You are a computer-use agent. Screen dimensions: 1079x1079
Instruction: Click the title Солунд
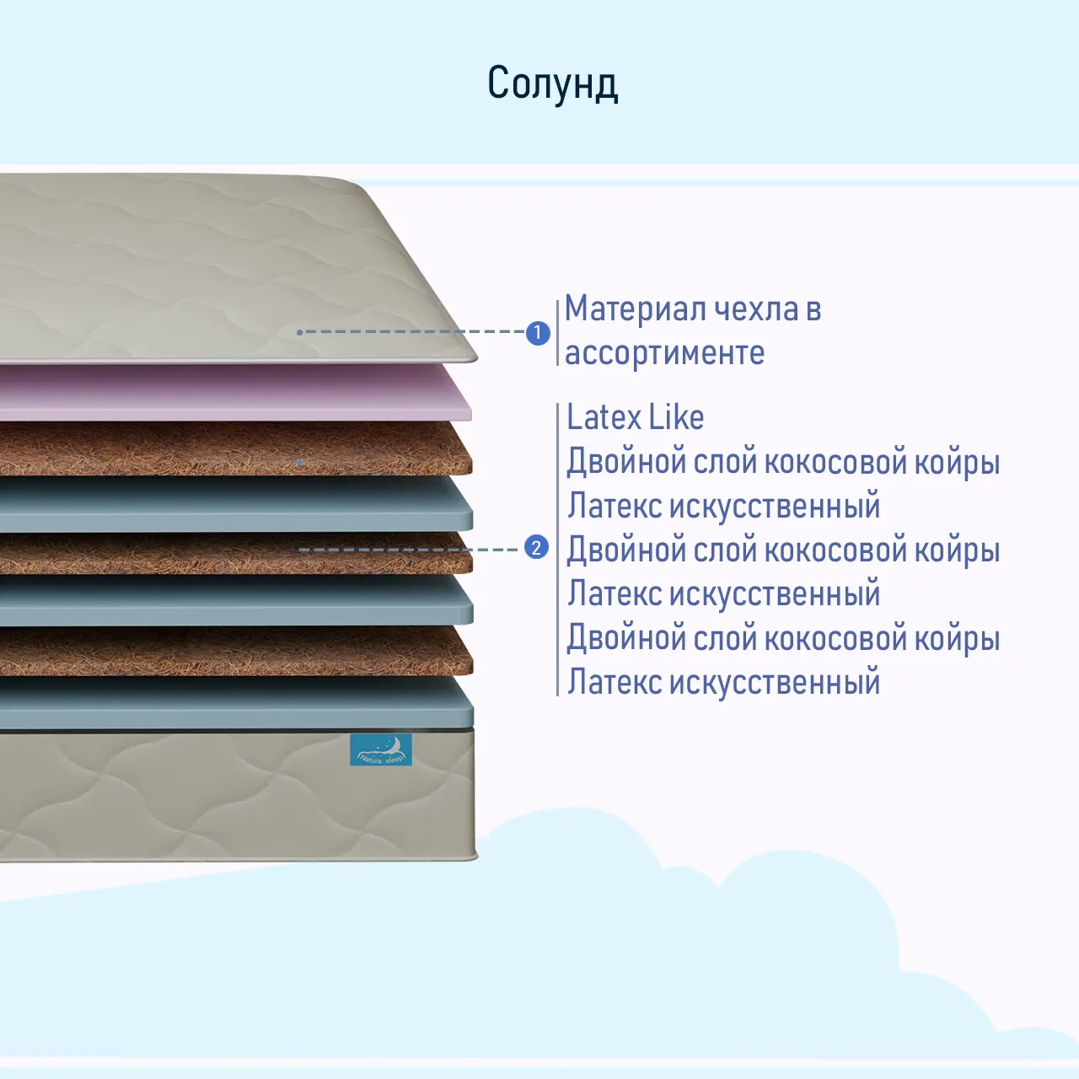pos(553,83)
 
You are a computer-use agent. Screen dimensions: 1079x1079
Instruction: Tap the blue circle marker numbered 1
pos(538,333)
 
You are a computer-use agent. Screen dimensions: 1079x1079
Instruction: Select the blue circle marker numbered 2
pos(537,548)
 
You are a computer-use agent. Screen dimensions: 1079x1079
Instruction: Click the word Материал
pos(635,309)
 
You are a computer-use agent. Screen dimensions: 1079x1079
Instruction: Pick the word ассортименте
pos(664,353)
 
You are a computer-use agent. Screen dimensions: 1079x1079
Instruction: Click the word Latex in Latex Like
pos(604,417)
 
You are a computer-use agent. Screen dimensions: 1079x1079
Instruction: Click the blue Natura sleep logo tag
pos(381,749)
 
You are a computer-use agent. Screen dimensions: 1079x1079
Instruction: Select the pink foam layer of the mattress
pos(236,393)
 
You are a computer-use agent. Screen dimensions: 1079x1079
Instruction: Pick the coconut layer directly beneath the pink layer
pos(236,448)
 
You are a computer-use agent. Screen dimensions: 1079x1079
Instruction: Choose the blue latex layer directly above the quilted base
pos(236,703)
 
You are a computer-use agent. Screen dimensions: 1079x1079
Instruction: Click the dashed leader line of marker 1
pos(413,332)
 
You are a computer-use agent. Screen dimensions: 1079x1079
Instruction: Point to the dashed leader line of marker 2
pos(413,549)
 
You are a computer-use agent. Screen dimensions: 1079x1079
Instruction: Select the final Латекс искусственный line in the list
pos(723,682)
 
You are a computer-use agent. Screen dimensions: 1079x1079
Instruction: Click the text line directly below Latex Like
pos(782,462)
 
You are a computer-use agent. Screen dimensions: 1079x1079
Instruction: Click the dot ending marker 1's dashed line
pos(300,332)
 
